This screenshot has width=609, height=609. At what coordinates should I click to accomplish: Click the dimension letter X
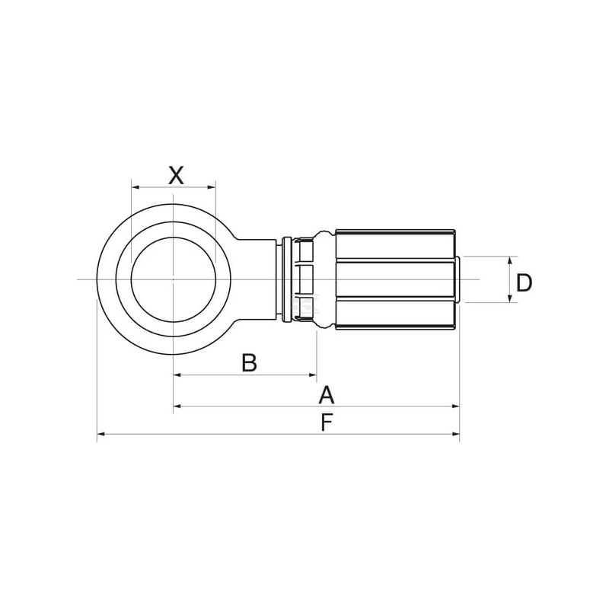coord(176,175)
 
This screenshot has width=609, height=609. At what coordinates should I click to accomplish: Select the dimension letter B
coord(249,362)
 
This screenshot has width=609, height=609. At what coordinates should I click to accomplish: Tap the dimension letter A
coord(327,395)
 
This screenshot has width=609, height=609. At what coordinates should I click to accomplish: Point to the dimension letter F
coord(327,422)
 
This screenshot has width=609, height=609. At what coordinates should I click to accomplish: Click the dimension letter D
coord(524,282)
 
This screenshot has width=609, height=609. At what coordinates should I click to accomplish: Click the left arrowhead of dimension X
coord(136,187)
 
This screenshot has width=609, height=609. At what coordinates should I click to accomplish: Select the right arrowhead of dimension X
coord(212,187)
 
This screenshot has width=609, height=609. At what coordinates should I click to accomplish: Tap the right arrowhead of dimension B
coord(313,375)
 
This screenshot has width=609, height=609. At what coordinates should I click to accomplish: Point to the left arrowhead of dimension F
coord(101,434)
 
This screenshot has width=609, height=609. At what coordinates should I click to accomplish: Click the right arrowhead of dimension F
coord(455,434)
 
